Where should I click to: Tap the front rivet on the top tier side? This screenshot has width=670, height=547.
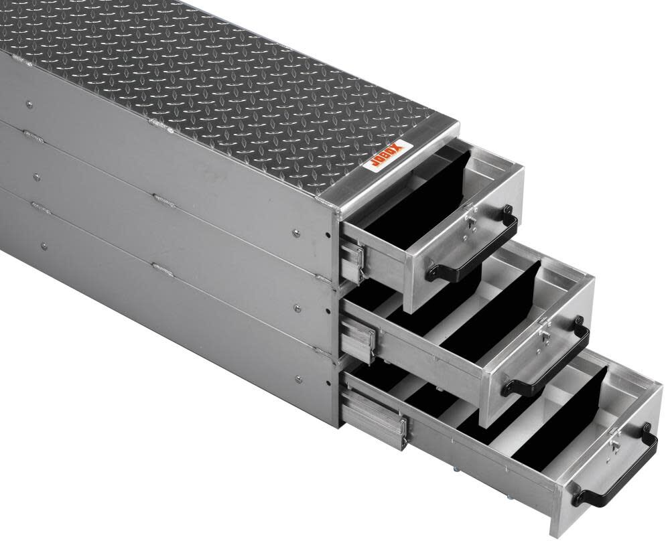(296, 232)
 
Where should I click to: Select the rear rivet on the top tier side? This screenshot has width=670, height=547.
(29, 104)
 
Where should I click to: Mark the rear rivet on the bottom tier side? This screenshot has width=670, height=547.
(43, 246)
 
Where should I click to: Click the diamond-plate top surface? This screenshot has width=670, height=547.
(221, 74)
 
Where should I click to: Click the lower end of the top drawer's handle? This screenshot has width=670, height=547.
(433, 272)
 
